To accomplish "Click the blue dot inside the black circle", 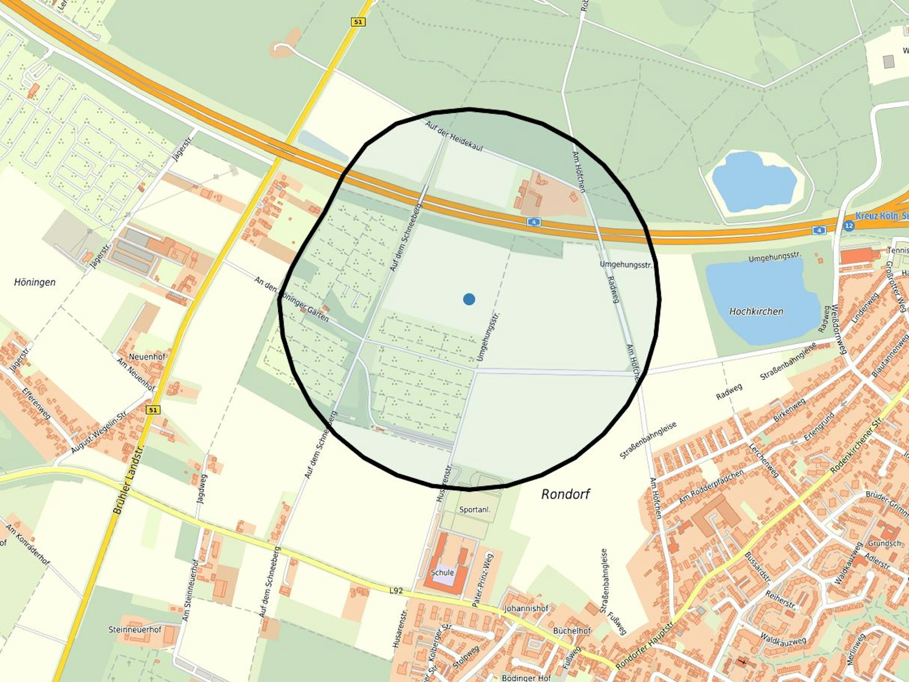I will pos(469,299).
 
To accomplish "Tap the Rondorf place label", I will pos(565,494).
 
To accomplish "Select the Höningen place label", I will pos(35,282).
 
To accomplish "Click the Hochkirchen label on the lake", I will pos(756,311).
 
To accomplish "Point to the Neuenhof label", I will pos(147,356).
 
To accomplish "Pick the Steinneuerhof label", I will pos(135,630).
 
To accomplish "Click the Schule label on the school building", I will pos(442,572).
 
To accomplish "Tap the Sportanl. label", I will pos(474,510).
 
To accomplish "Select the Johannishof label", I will pos(526,608).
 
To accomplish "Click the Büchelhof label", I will pos(572,631).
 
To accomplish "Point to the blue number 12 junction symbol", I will pos(849,225).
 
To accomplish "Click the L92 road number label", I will pos(396,591).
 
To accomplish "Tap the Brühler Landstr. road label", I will pos(128,480).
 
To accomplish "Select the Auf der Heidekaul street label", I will pos(454,136).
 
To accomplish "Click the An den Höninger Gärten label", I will pos(291,299).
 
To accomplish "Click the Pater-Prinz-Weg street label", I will pos(483,580).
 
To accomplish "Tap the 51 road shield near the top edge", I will pos(358,21).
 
